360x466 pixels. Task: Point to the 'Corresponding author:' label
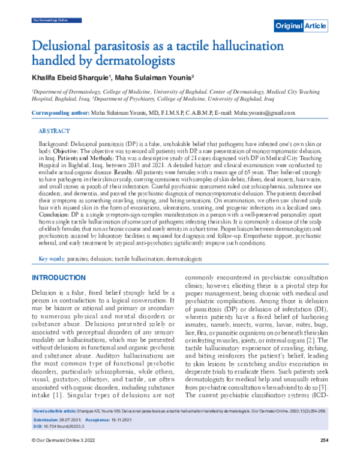(x=59, y=113)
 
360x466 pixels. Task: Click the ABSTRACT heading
(x=54, y=130)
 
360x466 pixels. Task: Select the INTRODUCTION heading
(x=61, y=278)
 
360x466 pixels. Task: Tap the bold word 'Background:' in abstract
(x=54, y=145)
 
